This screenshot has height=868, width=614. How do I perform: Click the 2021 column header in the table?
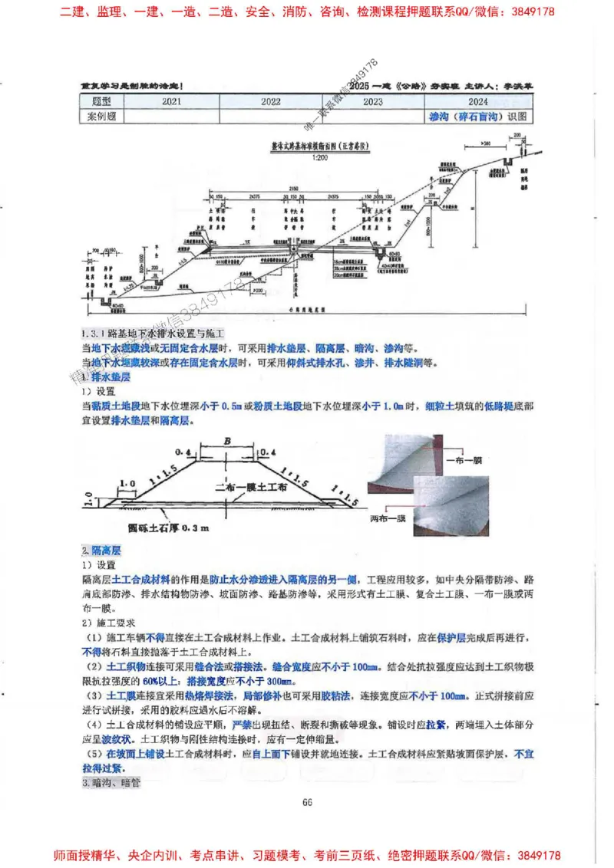coord(171,101)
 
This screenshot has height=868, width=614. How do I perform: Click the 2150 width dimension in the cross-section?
coord(292,188)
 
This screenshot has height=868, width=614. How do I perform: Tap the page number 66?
coord(306,802)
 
